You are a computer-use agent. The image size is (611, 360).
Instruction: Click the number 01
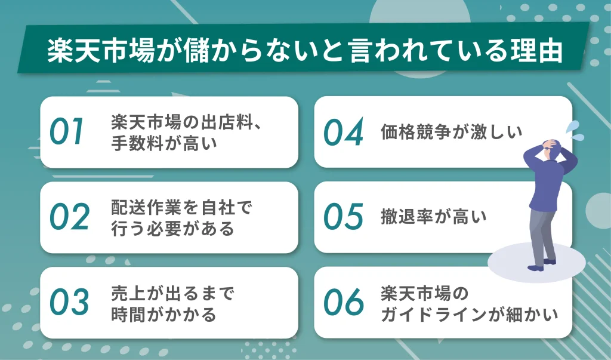[68, 133]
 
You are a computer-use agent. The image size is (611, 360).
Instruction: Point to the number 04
[343, 133]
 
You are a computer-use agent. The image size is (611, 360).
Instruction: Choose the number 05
[343, 218]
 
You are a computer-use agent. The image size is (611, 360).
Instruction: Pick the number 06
[343, 303]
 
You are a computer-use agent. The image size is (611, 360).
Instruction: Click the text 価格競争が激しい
[451, 133]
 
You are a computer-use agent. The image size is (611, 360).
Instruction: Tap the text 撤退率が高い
[433, 218]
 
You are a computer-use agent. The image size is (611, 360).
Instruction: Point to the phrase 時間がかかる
[163, 314]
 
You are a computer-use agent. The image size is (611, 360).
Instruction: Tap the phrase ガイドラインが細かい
[470, 314]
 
